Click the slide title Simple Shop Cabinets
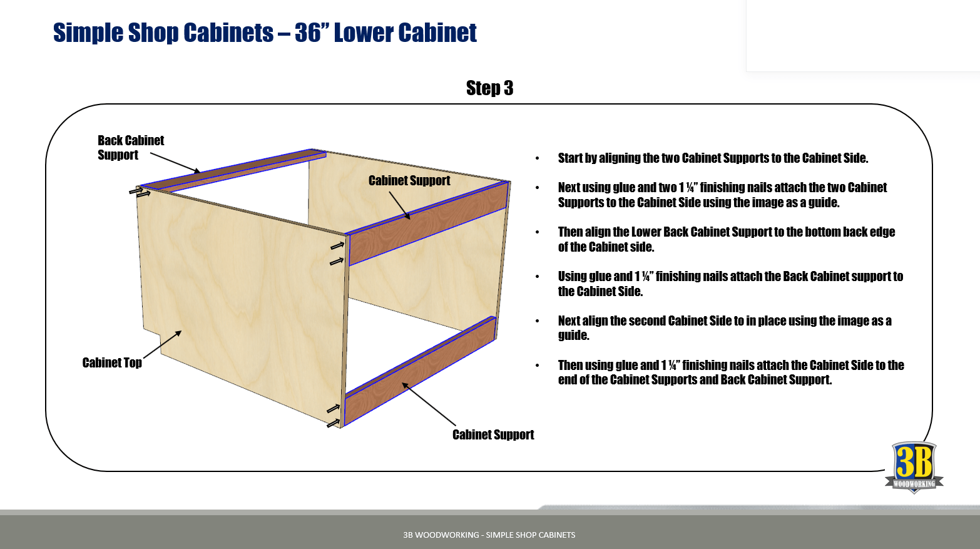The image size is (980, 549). click(163, 33)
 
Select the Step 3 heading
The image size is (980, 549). click(489, 88)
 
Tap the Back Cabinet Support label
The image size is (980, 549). click(130, 148)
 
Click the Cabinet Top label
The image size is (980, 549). click(112, 363)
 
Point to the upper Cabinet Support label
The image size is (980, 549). click(409, 181)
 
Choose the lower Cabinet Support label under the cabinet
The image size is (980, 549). click(493, 435)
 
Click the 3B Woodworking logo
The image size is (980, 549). click(914, 467)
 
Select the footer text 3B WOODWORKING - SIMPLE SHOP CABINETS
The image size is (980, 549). click(489, 535)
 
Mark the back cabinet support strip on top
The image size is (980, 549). click(232, 170)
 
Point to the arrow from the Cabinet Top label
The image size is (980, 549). click(162, 344)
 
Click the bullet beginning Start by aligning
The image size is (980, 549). click(713, 158)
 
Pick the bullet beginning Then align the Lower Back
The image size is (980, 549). click(726, 239)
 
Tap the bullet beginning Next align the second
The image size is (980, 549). click(724, 328)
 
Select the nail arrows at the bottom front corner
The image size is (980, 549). click(333, 416)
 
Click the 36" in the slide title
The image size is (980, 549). click(308, 33)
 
